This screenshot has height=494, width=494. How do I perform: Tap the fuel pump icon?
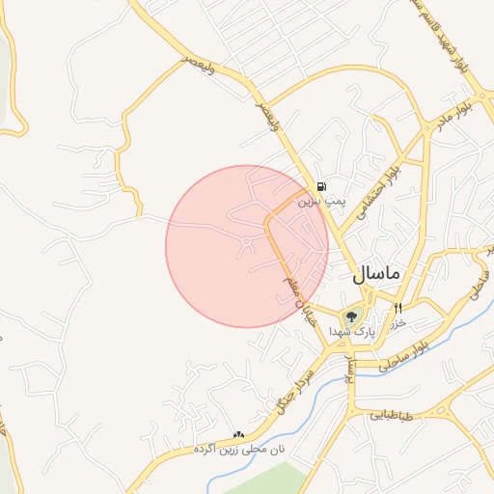320,186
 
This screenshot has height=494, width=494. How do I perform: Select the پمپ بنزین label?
319,202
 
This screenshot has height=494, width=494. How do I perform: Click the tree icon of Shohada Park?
350,315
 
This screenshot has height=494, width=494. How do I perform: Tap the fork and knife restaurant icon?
398,308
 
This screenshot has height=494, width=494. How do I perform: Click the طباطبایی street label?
391,417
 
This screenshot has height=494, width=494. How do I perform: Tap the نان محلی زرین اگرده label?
239,450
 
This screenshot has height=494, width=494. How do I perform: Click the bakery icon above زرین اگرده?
238,435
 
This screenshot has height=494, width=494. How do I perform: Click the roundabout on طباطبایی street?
450,411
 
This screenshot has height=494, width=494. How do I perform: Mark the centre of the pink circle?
247,246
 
